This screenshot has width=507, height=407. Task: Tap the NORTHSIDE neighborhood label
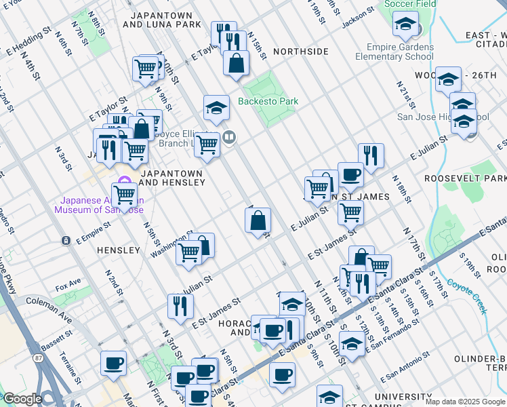coord(300,52)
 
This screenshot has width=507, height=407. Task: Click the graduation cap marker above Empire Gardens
coord(405,26)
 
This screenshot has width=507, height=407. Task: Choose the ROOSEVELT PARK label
coord(465,178)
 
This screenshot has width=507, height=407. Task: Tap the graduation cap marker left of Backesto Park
coord(216,107)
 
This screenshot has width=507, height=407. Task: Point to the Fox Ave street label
coord(68,282)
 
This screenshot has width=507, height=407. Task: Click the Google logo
coord(22,399)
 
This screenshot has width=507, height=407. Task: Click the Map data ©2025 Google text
coord(465,402)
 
